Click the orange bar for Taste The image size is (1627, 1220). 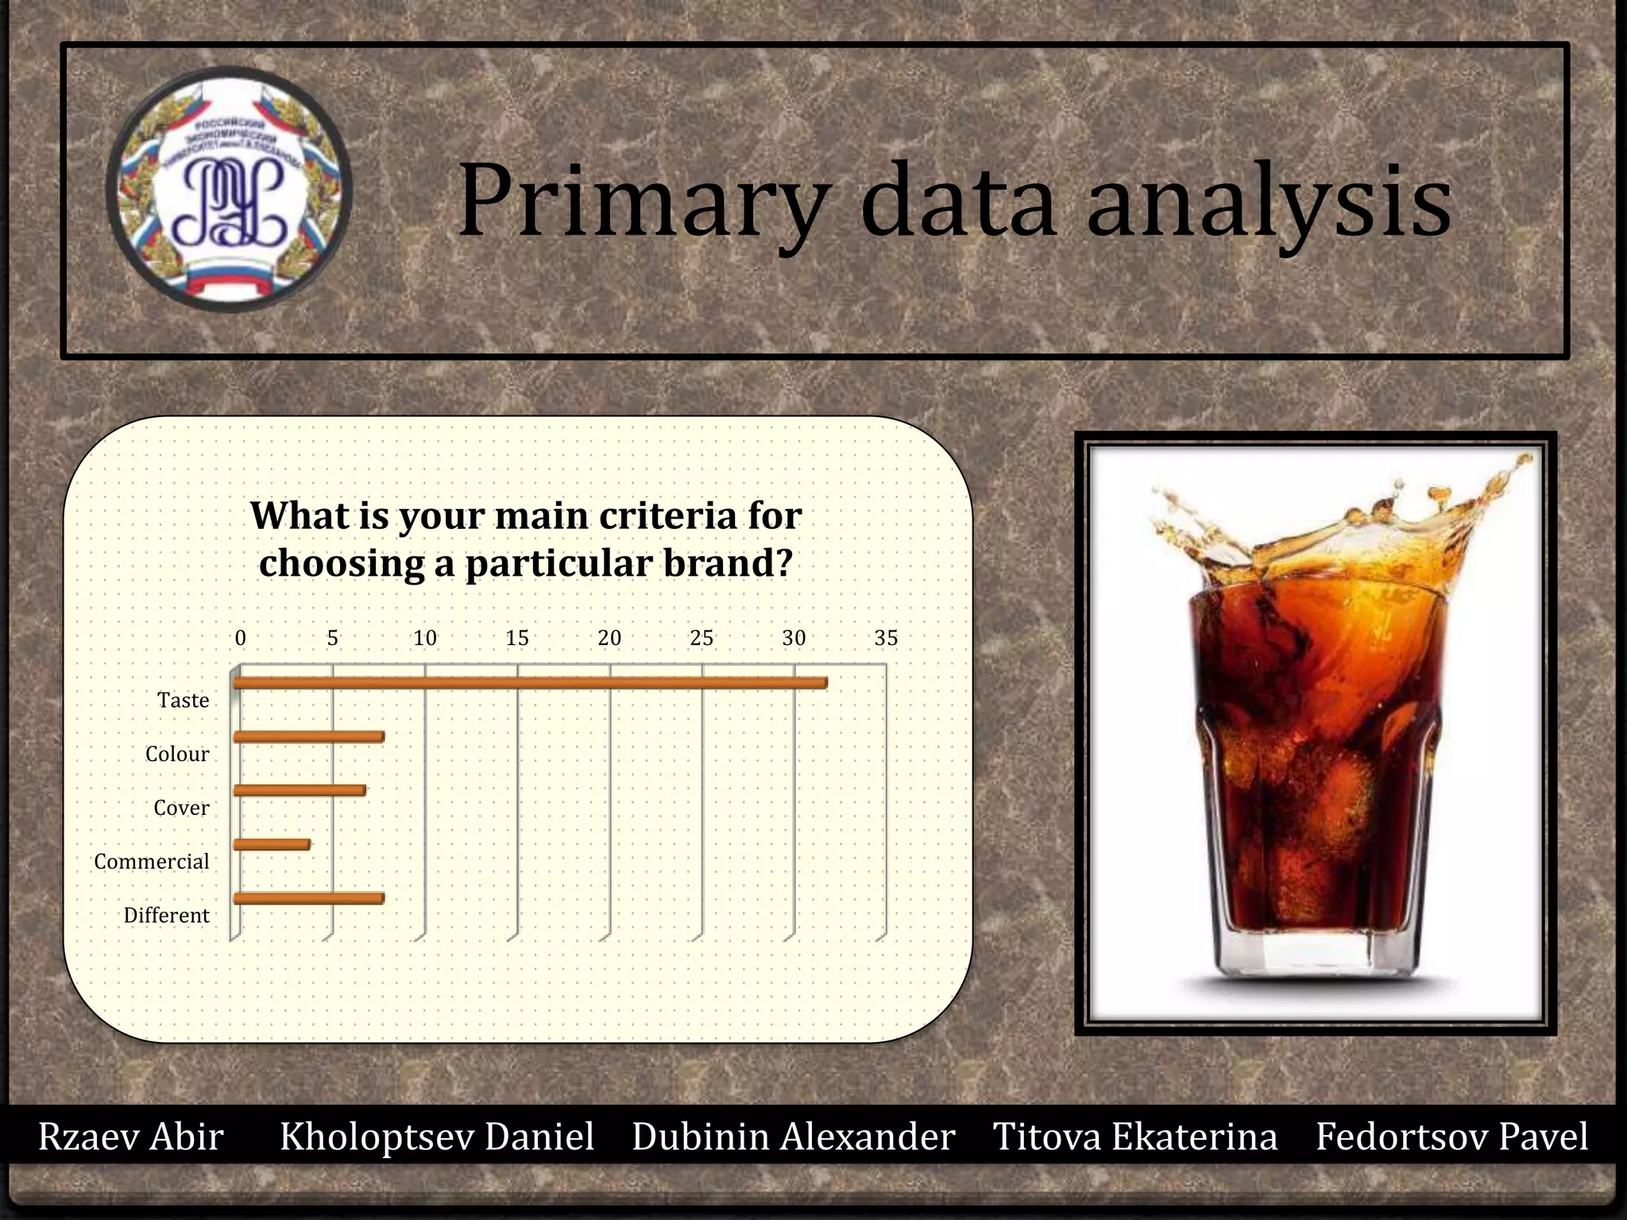[x=530, y=683]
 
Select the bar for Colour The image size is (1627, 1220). [x=308, y=737]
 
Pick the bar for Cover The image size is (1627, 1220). [x=300, y=790]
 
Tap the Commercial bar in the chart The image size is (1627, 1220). [x=272, y=844]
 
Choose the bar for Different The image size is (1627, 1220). [x=308, y=898]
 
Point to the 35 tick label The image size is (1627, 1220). [x=886, y=638]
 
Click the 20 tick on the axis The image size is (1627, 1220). [x=609, y=638]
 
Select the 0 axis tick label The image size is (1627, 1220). [x=241, y=638]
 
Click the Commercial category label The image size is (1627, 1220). [x=152, y=862]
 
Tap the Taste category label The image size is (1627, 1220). [x=184, y=701]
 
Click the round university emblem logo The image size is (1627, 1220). [x=229, y=189]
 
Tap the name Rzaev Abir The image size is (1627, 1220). [x=131, y=1137]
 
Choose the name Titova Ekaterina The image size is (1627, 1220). [x=1135, y=1137]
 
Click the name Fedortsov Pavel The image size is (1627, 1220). [x=1451, y=1137]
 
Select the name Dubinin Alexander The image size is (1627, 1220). [x=793, y=1137]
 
